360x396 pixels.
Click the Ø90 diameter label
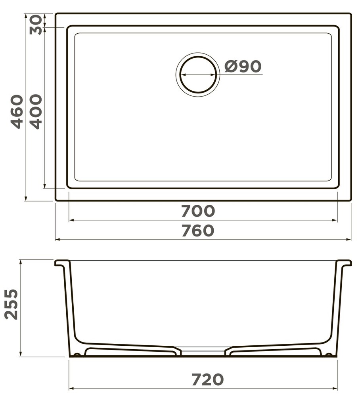tap(243, 67)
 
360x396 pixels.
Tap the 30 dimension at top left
tap(36, 25)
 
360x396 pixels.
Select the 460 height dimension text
tap(17, 112)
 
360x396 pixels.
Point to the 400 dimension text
tap(36, 112)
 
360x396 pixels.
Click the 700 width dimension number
tap(198, 211)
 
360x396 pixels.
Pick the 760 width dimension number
tap(198, 230)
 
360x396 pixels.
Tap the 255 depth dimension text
tap(11, 304)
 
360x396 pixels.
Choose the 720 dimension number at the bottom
tap(208, 380)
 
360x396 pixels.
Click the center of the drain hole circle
tap(198, 74)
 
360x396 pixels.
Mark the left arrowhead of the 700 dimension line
tap(71, 220)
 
